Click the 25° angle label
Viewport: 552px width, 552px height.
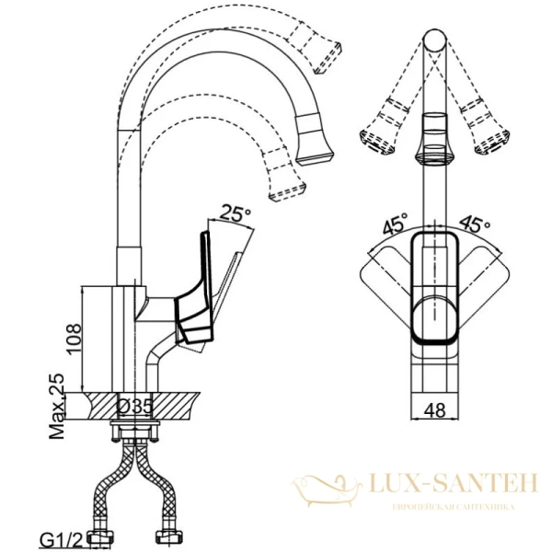pyautogui.click(x=236, y=213)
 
